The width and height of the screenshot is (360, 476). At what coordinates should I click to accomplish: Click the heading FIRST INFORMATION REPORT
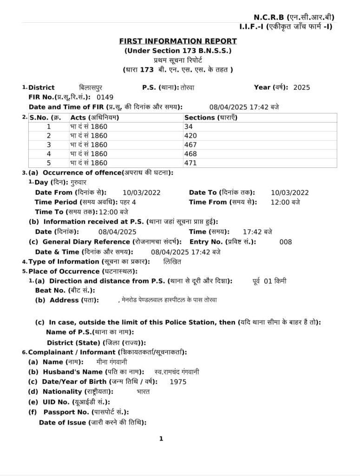coord(178,41)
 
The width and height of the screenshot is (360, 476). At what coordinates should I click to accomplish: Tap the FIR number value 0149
coord(105,98)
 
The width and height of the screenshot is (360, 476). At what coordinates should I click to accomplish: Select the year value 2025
coord(302,87)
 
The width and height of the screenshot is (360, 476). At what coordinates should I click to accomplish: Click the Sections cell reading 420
coord(190,136)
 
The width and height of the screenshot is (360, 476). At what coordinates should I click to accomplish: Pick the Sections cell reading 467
coord(190,145)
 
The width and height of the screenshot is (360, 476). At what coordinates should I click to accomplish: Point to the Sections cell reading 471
coord(190,163)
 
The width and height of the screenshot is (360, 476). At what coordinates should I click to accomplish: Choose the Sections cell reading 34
coord(188,126)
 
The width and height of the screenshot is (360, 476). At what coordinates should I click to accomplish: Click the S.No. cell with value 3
coord(49,145)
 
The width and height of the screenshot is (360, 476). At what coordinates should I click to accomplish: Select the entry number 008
coord(286,242)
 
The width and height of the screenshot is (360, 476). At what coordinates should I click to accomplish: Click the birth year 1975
coord(178,382)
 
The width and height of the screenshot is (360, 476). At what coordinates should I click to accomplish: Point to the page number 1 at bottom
coord(161,438)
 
